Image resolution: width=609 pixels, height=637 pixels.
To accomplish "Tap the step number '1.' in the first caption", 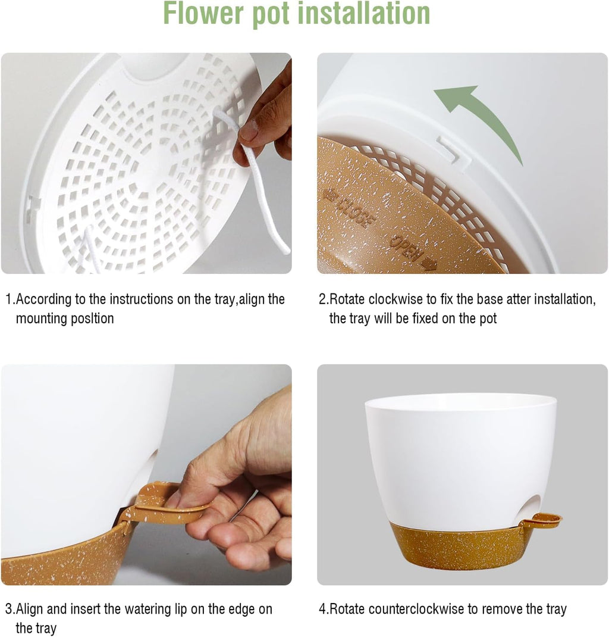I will click(10, 299).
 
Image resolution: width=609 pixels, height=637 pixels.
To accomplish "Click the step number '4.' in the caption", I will click(324, 609).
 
